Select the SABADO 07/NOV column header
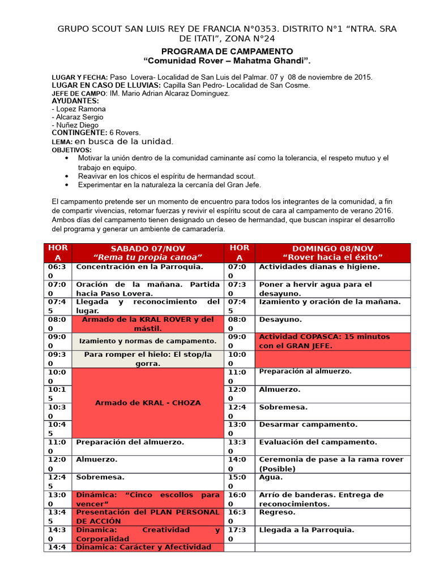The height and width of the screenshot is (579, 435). pos(148,253)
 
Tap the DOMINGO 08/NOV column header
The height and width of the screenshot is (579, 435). pos(332,253)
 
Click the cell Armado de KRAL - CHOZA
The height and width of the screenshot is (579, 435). pos(148,403)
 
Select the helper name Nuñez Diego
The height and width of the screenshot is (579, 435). pos(75,125)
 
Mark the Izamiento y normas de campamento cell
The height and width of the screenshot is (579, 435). pos(147,341)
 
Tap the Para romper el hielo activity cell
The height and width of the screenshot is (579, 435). pos(148,359)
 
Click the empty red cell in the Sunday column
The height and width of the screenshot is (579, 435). pos(332,358)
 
